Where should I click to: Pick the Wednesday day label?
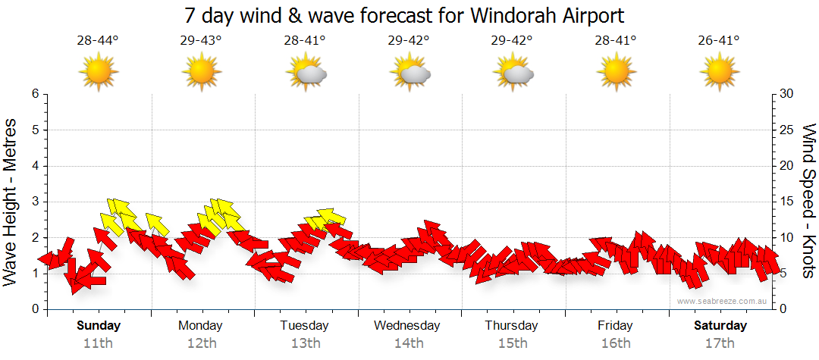point(407,326)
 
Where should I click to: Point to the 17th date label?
point(720,343)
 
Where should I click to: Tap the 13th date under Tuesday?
point(304,343)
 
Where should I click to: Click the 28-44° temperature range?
point(98,41)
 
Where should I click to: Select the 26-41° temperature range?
point(719,41)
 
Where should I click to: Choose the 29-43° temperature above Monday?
point(201,41)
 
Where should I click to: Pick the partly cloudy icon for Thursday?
point(512,73)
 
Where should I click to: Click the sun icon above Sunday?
point(98,73)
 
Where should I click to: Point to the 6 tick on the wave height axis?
point(34,94)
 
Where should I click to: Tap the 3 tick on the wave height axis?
point(34,202)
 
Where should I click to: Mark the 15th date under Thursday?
point(512,343)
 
